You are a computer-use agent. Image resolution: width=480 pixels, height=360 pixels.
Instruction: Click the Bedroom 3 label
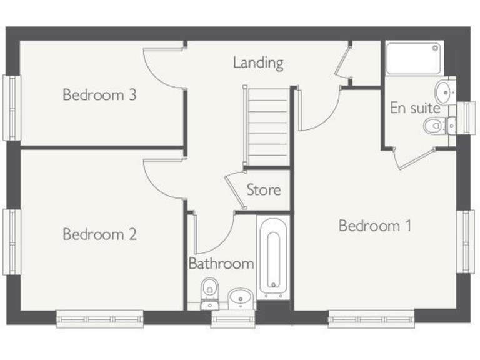100,95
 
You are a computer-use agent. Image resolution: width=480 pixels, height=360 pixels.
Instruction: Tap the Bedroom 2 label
100,234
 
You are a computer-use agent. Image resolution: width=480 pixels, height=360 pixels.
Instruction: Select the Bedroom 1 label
375,226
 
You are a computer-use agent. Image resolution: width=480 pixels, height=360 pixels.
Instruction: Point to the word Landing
258,62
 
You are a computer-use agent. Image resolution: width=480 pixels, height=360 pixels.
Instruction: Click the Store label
263,189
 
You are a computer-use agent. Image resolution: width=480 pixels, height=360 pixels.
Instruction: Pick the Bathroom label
221,263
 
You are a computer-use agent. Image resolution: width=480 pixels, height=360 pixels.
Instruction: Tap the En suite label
415,108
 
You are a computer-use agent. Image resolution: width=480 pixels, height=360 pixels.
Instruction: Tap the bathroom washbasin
239,297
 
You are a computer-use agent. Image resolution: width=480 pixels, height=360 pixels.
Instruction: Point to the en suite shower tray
413,58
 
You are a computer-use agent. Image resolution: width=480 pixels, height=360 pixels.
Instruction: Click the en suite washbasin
446,92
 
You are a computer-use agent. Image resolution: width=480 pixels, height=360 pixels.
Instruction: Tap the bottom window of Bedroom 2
100,319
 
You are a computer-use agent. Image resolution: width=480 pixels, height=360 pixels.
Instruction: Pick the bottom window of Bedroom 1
371,319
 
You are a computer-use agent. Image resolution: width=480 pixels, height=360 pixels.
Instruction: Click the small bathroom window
225,319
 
